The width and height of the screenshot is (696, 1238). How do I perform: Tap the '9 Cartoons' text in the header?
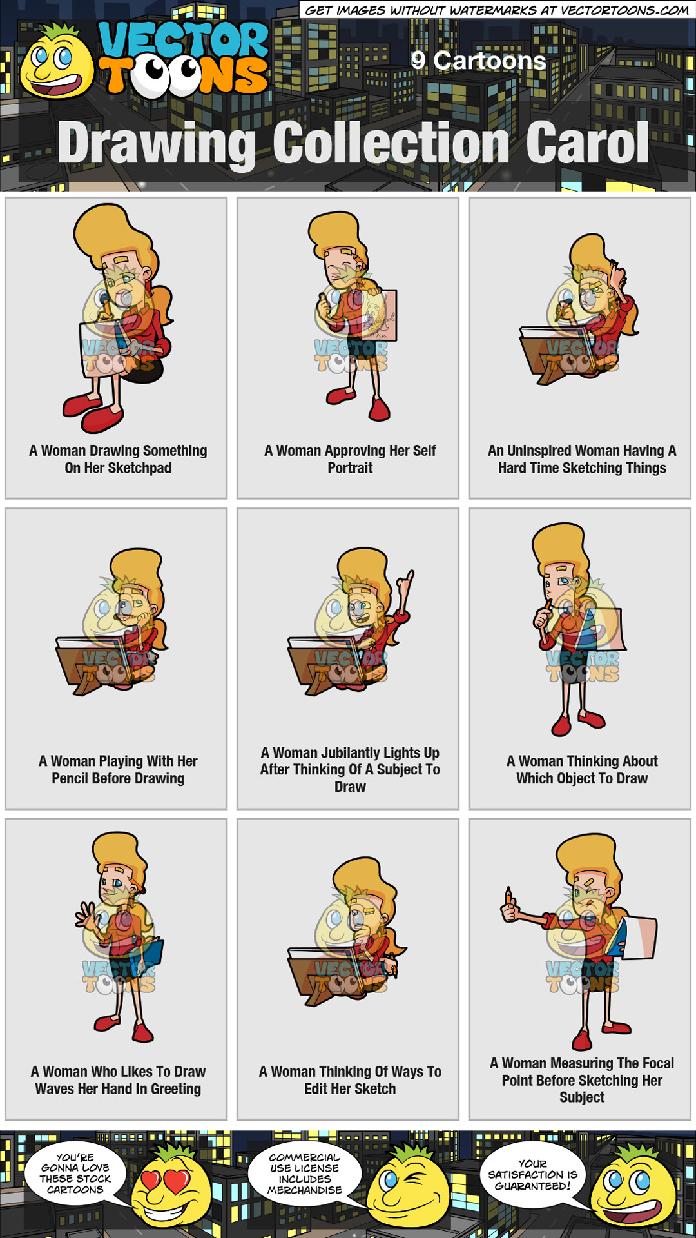[x=478, y=61]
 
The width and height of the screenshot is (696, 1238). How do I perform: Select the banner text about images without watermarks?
[x=496, y=10]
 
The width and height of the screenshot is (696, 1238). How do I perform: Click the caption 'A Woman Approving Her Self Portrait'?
[x=350, y=459]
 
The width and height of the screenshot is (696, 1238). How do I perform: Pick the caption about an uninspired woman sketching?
[x=582, y=459]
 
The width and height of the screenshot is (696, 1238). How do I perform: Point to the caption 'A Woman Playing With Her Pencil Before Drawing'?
[x=118, y=769]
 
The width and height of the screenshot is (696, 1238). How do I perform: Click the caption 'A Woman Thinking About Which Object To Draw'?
[x=582, y=769]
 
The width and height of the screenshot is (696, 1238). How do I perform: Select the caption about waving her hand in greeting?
[x=118, y=1080]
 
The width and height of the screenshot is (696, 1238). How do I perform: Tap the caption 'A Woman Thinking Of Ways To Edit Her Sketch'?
[x=350, y=1080]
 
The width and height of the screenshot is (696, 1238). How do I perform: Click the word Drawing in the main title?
[x=157, y=143]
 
